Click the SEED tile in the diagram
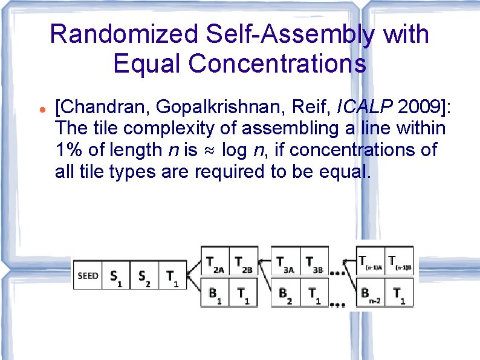(88, 276)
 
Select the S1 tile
(115, 277)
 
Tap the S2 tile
(144, 277)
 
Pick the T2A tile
(215, 262)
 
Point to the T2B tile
(244, 262)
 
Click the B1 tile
(215, 294)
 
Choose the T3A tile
(285, 262)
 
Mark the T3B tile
(314, 262)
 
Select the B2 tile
(285, 294)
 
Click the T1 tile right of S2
(172, 277)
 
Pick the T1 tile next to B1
(244, 294)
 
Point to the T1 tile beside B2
(314, 294)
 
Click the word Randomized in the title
(125, 34)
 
